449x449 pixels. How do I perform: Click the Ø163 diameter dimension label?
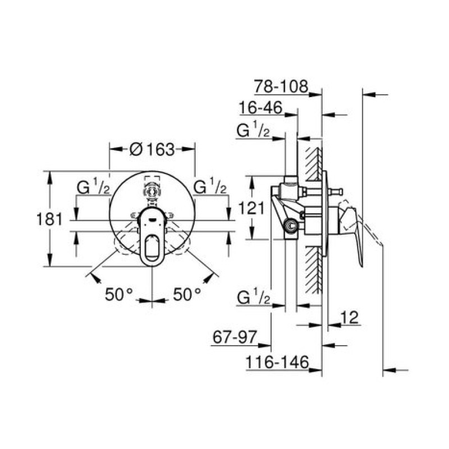(152, 149)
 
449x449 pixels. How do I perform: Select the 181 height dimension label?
(49, 219)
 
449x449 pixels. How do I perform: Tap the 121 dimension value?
(251, 208)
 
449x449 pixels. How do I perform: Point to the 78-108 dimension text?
(281, 86)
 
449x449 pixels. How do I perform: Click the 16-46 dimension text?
(260, 108)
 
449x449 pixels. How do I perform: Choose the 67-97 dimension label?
(235, 337)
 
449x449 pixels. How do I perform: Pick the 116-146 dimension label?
(277, 362)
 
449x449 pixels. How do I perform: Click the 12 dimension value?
(349, 317)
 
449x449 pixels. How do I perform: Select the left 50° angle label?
(119, 294)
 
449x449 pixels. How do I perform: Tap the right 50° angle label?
(187, 294)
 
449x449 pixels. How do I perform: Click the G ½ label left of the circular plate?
(93, 187)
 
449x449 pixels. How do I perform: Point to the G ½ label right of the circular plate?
(210, 187)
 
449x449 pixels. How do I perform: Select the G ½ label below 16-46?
(253, 131)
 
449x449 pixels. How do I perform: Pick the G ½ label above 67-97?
(254, 298)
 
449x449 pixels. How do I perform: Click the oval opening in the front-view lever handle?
(152, 246)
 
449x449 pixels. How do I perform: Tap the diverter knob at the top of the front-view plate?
(152, 190)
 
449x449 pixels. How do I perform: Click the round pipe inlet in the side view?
(291, 226)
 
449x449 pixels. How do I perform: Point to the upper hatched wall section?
(313, 164)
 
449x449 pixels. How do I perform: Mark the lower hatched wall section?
(313, 270)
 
